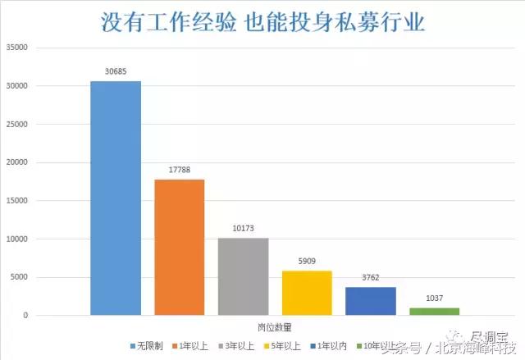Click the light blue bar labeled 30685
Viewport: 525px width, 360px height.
tap(116, 198)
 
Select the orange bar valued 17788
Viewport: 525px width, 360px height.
tap(180, 247)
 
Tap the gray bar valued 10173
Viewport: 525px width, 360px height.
tap(243, 276)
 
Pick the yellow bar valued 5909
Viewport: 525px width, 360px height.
tap(307, 293)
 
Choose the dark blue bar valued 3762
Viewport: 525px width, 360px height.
tap(371, 301)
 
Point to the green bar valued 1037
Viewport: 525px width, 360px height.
tap(434, 312)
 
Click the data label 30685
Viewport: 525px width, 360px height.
tap(116, 72)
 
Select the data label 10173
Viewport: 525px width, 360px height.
tap(243, 229)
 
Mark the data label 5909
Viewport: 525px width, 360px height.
tap(307, 262)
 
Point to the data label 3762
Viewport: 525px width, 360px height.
tap(371, 278)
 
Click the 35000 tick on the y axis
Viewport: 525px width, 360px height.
tap(16, 48)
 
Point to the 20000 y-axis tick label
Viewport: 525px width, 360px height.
tap(16, 162)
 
